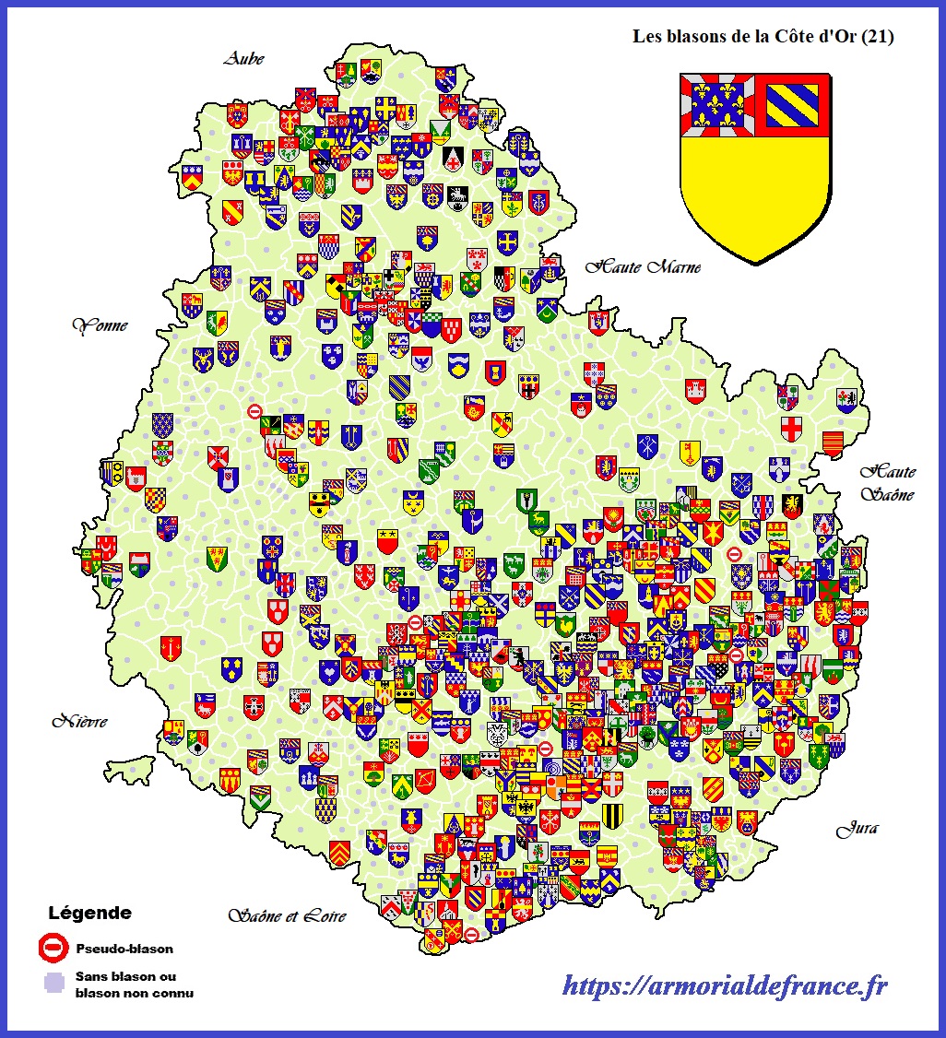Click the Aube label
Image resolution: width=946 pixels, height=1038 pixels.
pos(243,59)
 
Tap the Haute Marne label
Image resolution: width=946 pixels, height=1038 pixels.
pos(644,267)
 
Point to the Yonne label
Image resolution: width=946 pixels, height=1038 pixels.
pos(100,325)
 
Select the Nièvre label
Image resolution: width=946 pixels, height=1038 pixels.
pos(79,721)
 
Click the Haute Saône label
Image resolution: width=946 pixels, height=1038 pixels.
pos(888,482)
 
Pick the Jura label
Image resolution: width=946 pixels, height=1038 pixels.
pos(857,829)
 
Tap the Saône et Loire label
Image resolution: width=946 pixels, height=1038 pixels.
pos(287,915)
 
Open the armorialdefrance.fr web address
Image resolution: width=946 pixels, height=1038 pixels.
pos(725,985)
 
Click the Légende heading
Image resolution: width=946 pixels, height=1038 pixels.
pos(89,914)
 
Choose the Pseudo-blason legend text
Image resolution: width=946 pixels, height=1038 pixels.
pos(124,948)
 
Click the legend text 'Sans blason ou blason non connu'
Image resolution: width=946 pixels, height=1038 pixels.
pos(133,984)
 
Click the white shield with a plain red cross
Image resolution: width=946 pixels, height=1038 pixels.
pos(791,429)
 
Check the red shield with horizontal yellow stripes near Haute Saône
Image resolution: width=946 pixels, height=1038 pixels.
pos(833,443)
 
